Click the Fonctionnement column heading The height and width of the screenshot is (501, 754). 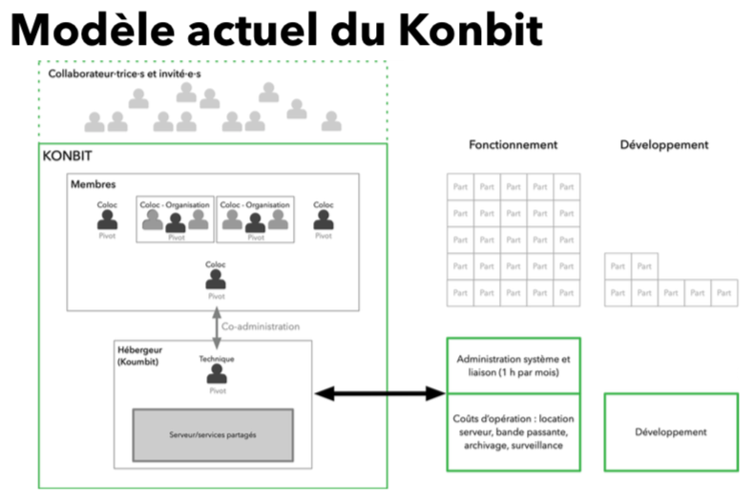[x=513, y=145]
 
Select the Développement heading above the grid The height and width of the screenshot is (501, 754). [x=663, y=145]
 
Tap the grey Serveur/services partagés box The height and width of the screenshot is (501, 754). [x=212, y=435]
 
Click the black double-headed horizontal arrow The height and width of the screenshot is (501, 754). [x=380, y=393]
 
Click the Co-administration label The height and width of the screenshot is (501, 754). [x=260, y=326]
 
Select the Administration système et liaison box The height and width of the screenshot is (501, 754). [x=513, y=365]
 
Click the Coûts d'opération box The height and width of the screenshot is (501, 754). [x=513, y=432]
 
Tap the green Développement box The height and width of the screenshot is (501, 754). [x=670, y=432]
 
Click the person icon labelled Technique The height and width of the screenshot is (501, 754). [x=216, y=375]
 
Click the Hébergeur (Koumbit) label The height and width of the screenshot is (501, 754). [x=140, y=357]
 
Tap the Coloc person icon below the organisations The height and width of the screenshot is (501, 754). [x=216, y=280]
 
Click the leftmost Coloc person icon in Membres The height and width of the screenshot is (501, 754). [x=107, y=220]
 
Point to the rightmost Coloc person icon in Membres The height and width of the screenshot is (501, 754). [x=324, y=220]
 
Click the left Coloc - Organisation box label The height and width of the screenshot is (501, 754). [x=176, y=204]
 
